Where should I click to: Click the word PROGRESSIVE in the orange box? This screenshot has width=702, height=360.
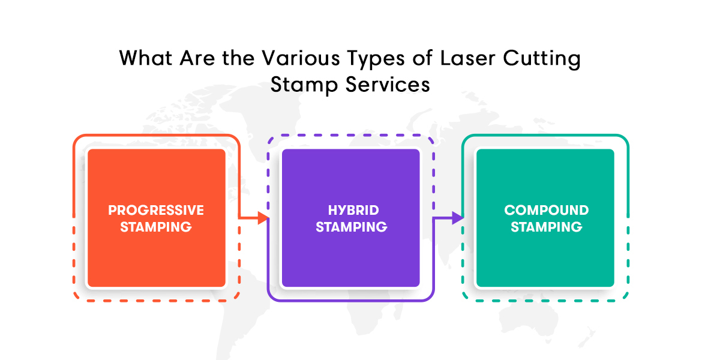click(156, 210)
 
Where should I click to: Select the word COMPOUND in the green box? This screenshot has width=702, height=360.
click(546, 210)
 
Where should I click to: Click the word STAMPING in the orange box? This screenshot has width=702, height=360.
click(156, 227)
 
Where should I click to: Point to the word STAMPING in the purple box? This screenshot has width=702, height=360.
click(352, 227)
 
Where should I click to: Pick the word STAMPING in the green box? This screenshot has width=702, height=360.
click(546, 227)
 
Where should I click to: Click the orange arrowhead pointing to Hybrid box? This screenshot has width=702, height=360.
click(263, 218)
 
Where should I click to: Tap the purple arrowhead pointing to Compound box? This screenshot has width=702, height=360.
click(457, 218)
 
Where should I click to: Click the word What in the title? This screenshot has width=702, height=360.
click(146, 59)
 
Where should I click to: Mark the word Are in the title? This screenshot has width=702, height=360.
click(197, 59)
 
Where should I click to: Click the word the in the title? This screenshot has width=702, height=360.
click(238, 59)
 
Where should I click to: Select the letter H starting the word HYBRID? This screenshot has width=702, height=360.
click(332, 210)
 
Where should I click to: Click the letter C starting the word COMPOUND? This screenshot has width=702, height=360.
click(509, 210)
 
